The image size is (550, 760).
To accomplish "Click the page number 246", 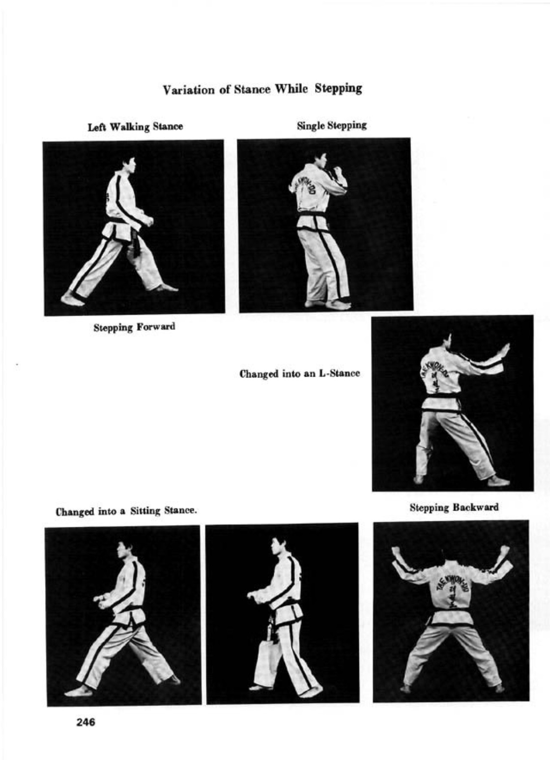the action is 86,723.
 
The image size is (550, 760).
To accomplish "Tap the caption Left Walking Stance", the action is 135,127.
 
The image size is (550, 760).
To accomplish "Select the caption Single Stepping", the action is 332,126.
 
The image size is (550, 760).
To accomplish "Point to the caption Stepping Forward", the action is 134,327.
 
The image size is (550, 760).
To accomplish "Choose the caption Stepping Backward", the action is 454,508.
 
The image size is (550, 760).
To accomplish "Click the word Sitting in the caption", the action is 145,511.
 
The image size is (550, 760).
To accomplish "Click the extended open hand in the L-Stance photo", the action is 503,352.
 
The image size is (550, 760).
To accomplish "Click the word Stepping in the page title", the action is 338,89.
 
